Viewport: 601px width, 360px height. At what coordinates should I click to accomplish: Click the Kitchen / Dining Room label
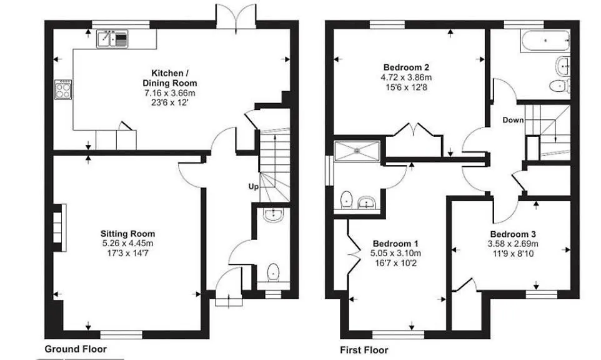pos(169,78)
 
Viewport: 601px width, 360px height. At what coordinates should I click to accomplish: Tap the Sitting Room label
pos(127,234)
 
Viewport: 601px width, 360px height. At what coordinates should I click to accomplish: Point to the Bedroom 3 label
pos(513,234)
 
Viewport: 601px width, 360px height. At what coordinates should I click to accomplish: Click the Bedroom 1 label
pos(395,244)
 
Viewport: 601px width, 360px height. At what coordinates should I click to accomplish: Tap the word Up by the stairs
pos(254,187)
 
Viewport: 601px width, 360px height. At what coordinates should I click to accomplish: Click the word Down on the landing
pos(513,120)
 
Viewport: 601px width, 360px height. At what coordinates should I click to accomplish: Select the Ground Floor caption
pos(76,349)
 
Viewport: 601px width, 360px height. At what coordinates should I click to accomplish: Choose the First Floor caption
pos(364,350)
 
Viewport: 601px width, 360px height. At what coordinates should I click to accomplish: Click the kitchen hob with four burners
pos(63,89)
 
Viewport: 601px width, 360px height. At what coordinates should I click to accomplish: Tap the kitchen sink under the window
pos(112,39)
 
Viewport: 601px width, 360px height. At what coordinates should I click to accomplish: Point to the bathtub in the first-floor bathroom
pos(545,41)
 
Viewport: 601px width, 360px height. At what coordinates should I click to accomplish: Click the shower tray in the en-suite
pos(357,151)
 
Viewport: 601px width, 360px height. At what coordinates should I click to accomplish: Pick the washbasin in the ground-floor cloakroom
pos(273,216)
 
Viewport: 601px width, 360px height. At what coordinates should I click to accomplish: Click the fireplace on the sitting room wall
pos(60,227)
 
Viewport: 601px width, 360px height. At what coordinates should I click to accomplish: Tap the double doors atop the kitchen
pos(236,16)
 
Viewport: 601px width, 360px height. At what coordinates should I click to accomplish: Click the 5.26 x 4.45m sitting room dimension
pos(127,243)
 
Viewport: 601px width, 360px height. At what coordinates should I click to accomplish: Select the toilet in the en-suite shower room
pos(347,199)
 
